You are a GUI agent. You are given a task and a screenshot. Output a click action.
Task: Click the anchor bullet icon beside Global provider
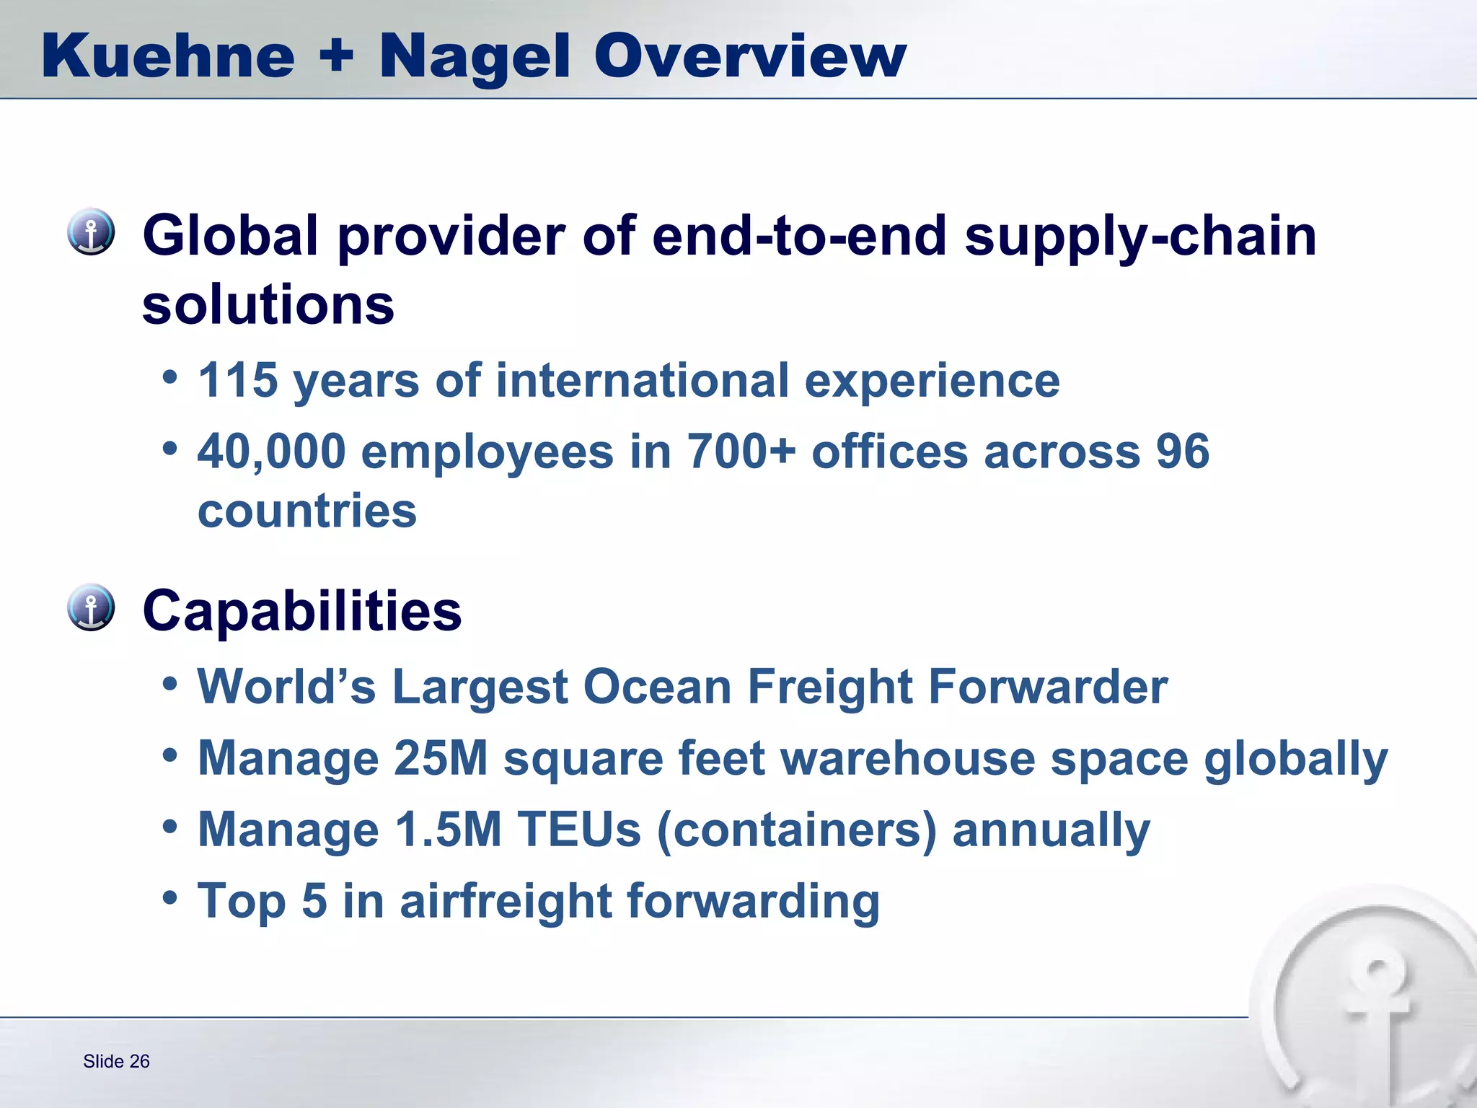[91, 232]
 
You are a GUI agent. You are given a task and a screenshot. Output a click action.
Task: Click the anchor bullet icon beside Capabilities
[91, 607]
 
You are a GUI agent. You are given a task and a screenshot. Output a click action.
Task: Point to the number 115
[238, 380]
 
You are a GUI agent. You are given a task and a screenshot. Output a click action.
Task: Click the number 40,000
[272, 452]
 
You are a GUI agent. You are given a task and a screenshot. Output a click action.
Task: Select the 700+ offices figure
[742, 452]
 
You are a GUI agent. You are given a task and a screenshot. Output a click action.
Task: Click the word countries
[307, 511]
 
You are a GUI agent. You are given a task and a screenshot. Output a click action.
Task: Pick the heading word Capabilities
[302, 611]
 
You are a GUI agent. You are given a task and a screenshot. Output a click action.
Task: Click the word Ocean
[658, 686]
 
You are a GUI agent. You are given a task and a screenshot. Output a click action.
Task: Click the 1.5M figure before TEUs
[449, 830]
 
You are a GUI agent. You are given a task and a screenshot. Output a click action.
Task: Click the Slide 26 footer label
[116, 1061]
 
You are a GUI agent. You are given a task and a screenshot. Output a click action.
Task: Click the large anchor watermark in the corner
[1370, 1010]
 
